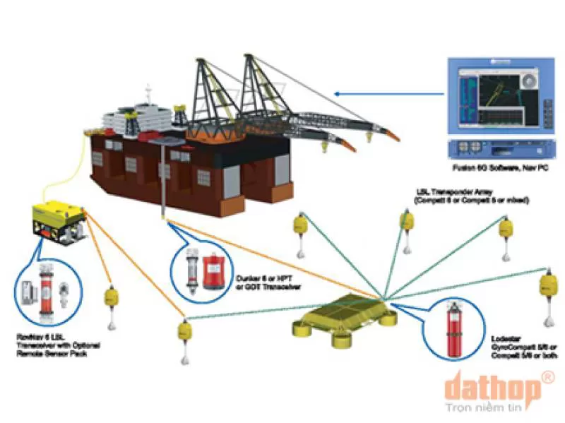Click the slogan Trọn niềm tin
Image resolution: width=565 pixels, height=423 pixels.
(x=498, y=407)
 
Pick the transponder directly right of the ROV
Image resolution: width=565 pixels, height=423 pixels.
(x=110, y=299)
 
